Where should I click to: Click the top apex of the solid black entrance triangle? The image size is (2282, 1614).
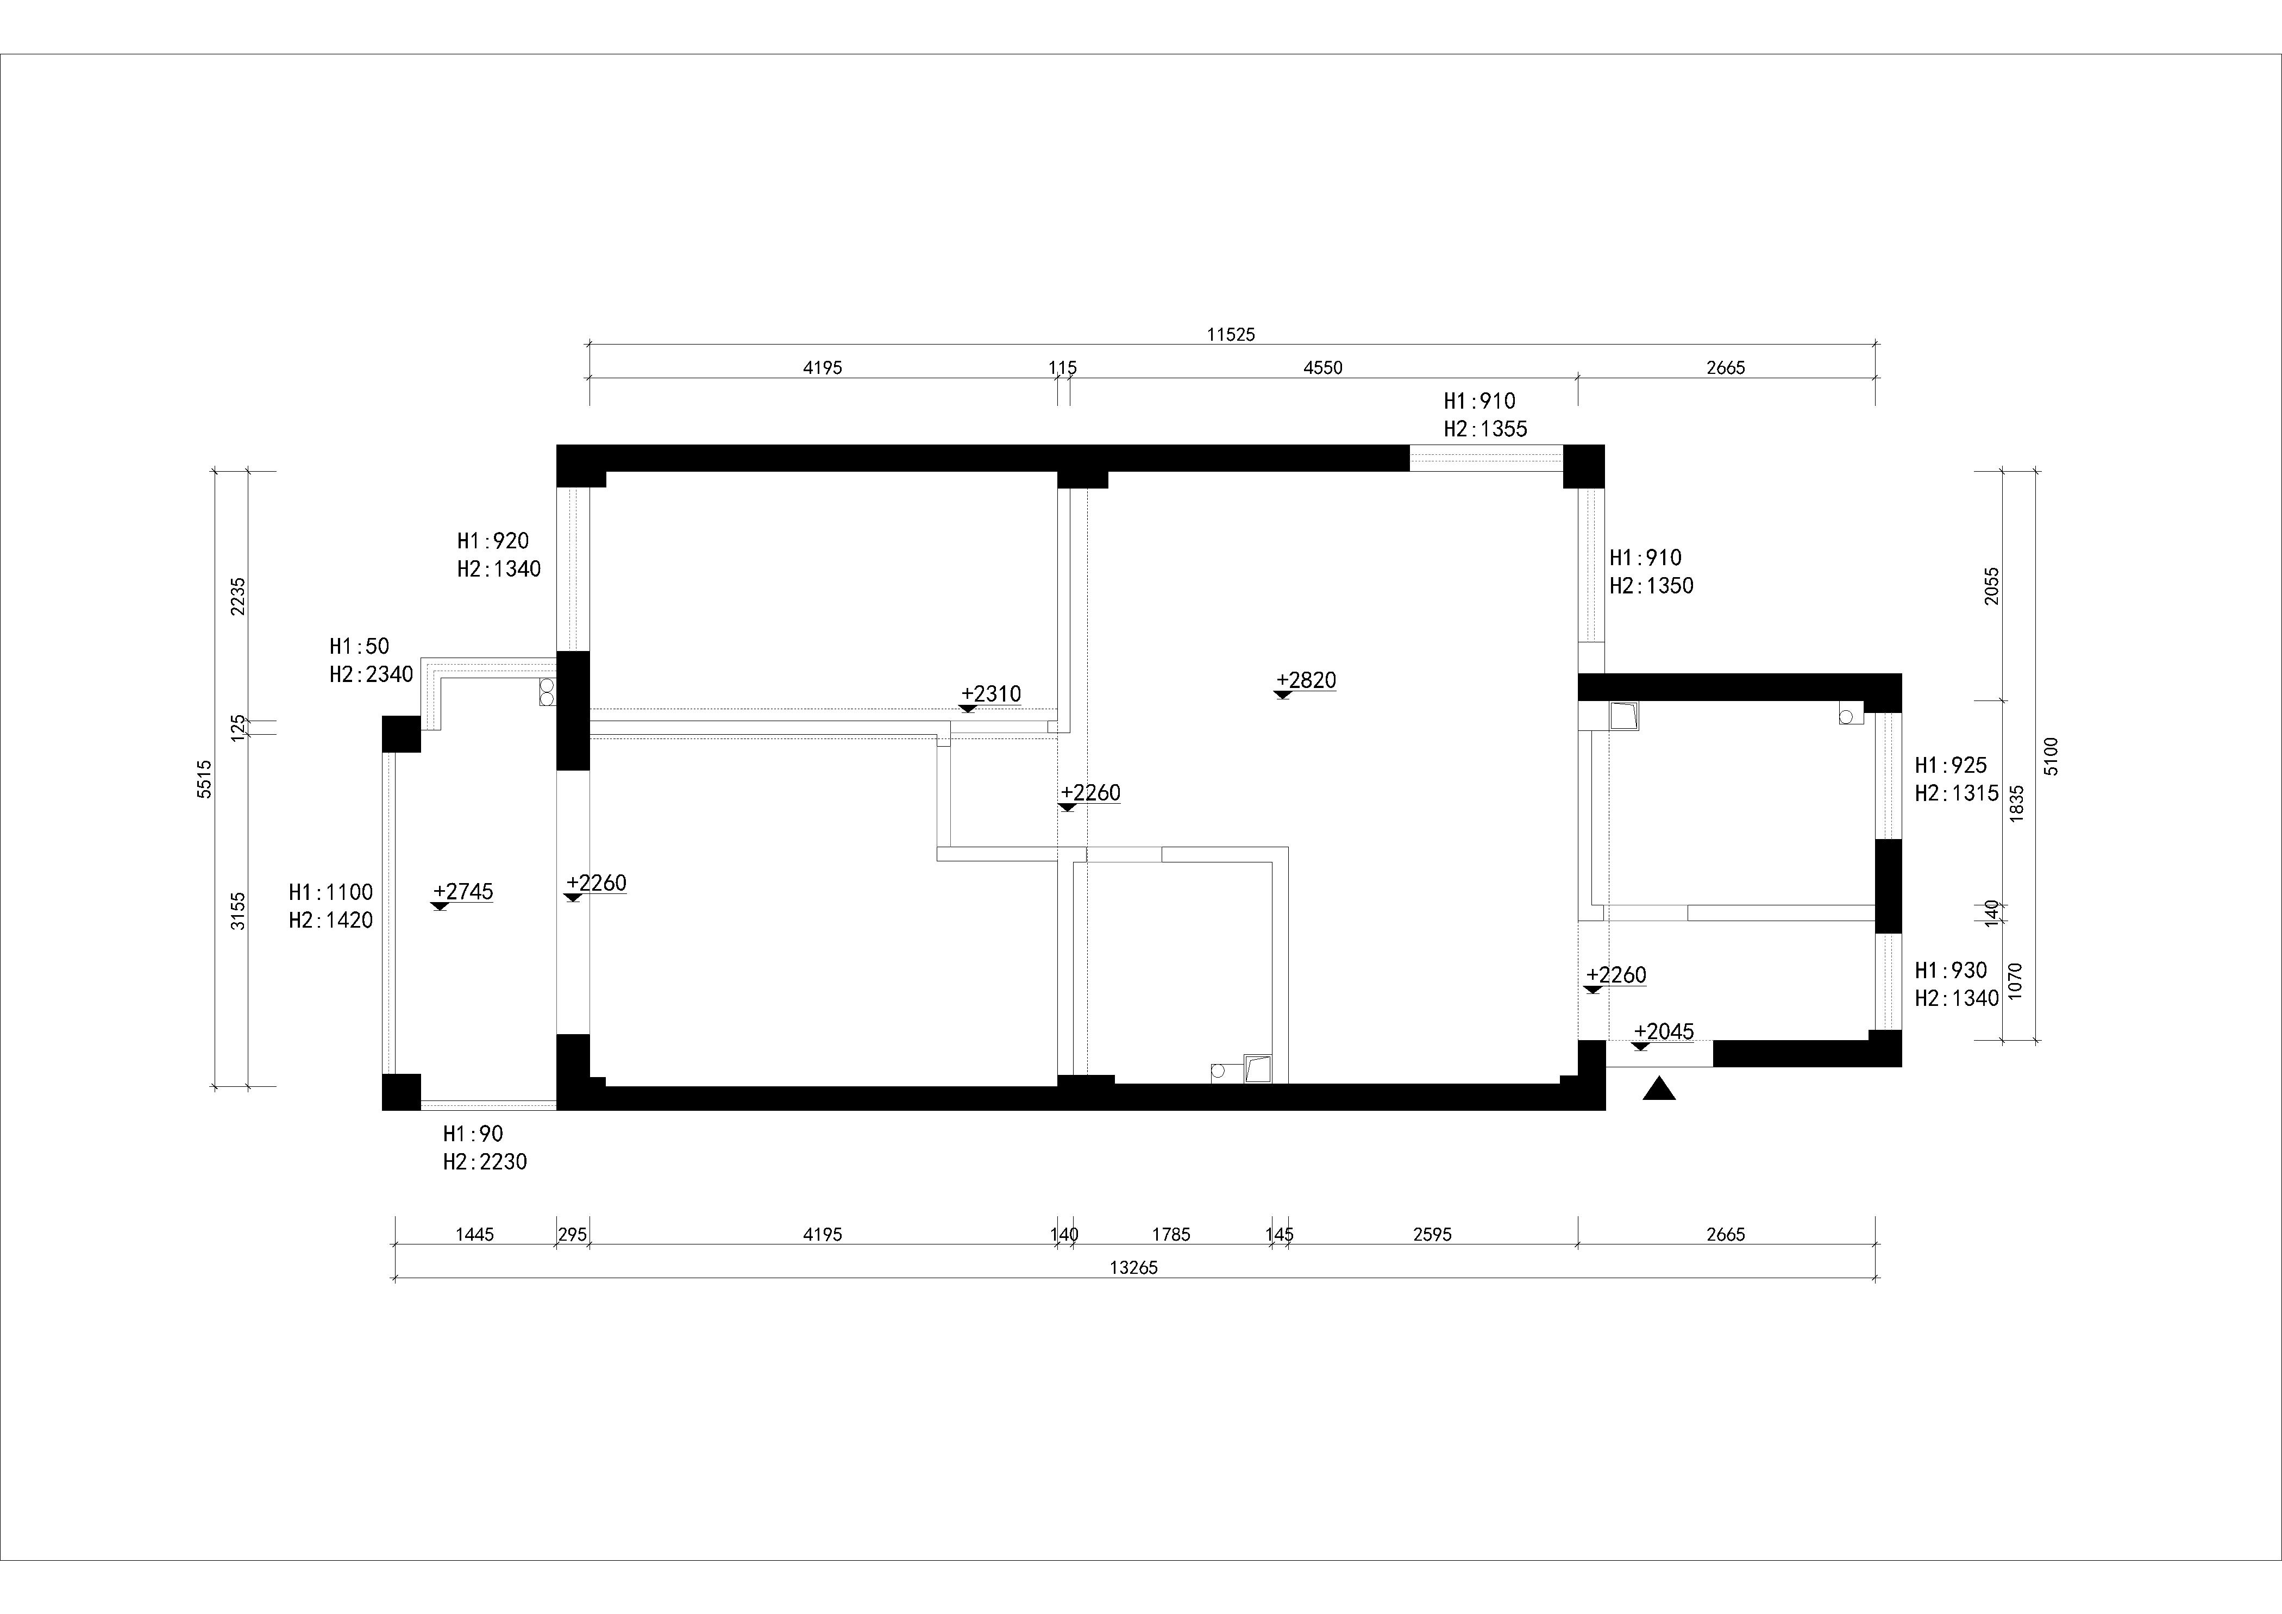pos(1659,1077)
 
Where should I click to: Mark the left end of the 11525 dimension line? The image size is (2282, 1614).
pos(590,345)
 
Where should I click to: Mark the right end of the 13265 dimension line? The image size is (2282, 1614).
pos(1877,1277)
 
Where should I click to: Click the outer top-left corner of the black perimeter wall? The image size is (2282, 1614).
pos(556,445)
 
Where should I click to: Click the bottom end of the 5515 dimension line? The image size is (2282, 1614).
pos(214,1086)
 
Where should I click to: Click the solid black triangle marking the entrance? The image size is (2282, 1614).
pos(1659,1089)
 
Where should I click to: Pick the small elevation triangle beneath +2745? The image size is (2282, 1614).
pos(440,906)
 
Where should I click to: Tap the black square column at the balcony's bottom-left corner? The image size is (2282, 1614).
pos(402,1091)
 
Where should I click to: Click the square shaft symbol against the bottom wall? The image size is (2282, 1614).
pos(1257,1068)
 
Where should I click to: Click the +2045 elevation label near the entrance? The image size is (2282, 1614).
pos(1664,1031)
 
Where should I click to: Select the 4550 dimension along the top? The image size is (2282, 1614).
pos(1323,368)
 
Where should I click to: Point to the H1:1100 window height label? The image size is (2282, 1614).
pos(331,892)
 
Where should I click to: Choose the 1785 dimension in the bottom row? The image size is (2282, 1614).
pos(1171,1234)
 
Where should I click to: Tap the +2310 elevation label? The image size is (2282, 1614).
pos(991,694)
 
